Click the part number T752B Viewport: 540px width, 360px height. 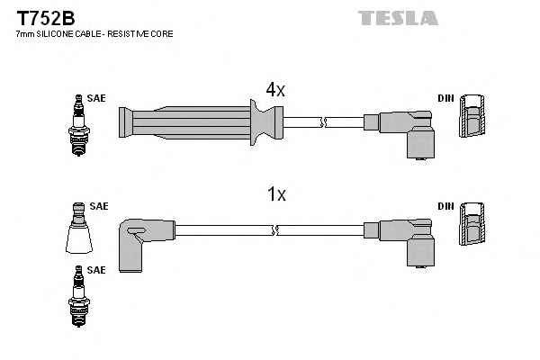click(46, 18)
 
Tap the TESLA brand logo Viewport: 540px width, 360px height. click(398, 18)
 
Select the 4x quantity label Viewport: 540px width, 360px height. click(275, 90)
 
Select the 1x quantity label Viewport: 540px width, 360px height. click(276, 194)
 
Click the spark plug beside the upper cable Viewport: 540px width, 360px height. click(79, 125)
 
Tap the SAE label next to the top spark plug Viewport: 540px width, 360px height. click(96, 98)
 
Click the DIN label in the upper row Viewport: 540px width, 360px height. click(446, 98)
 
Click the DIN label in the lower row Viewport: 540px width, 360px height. click(446, 206)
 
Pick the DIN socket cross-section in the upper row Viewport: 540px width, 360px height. click(472, 116)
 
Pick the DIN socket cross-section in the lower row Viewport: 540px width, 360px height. click(472, 224)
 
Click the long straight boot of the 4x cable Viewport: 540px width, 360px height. click(201, 122)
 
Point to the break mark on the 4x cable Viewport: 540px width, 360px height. click(323, 122)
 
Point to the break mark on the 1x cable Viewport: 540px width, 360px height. click(274, 230)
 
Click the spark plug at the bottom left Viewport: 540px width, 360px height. click(79, 296)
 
